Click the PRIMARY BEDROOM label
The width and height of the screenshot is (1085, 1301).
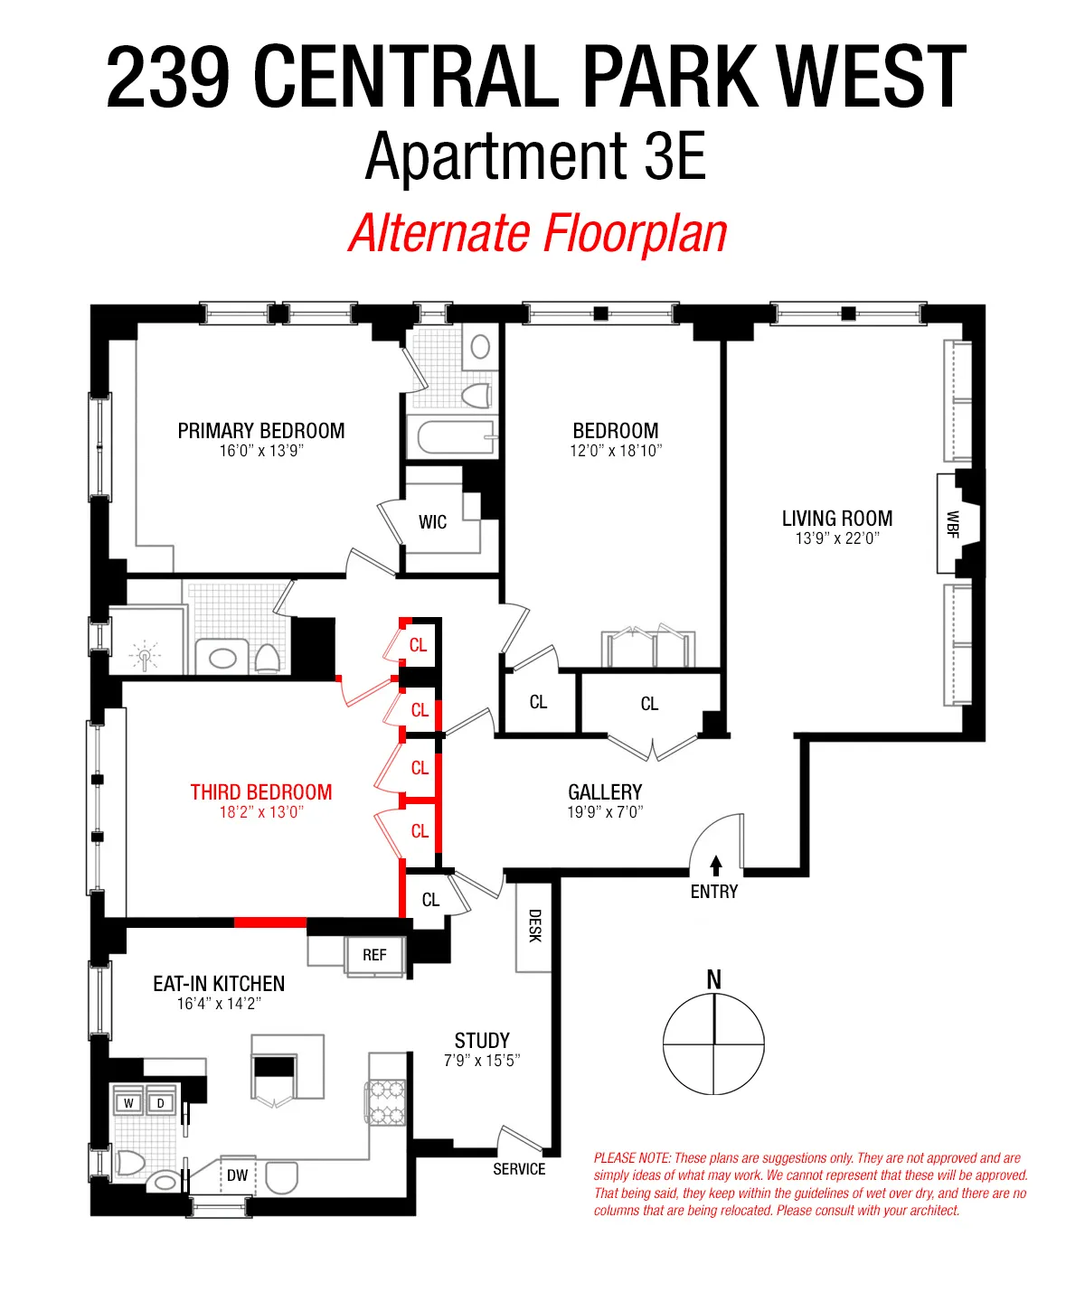(260, 431)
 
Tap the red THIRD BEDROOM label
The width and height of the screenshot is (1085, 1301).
(260, 792)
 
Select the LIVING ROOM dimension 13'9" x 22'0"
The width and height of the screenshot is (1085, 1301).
(836, 538)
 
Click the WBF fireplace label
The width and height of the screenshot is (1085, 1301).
(952, 524)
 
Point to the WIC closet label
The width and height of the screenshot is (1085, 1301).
(432, 522)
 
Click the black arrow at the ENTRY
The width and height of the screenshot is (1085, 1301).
(716, 866)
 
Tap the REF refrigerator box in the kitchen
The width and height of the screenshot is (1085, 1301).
(374, 955)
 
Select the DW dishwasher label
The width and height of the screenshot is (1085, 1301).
(237, 1175)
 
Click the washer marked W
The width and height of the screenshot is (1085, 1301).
(128, 1103)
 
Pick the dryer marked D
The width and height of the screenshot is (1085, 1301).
(161, 1103)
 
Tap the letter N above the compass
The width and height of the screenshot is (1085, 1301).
(713, 979)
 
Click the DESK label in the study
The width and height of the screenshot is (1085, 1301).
(533, 926)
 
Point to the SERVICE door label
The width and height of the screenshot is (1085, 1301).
(519, 1169)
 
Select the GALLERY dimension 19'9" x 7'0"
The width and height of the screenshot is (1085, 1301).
(604, 812)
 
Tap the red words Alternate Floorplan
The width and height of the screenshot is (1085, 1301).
(538, 233)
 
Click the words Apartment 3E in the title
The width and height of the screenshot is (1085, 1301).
(535, 156)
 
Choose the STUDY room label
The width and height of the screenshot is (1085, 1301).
(482, 1040)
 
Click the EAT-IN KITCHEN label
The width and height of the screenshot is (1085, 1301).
(219, 984)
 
